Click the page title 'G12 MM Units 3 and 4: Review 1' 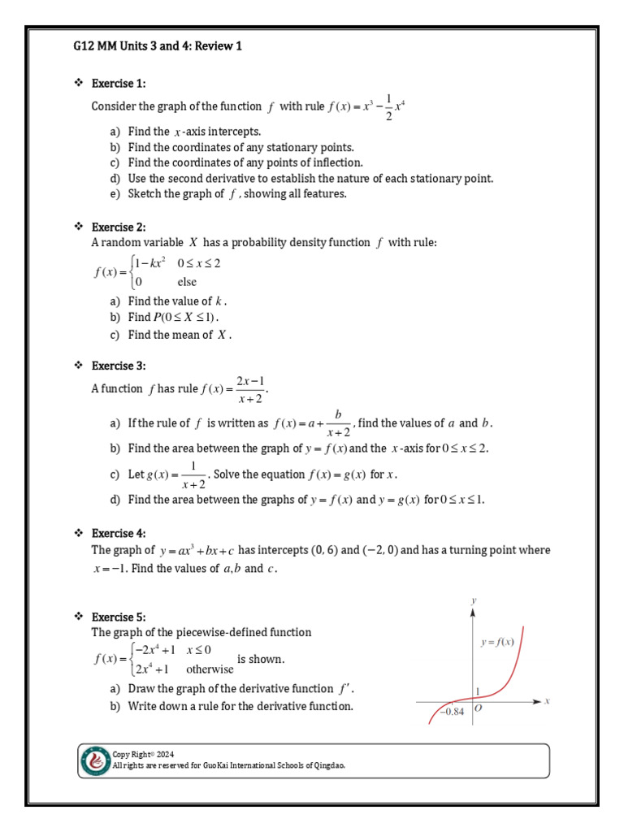point(158,46)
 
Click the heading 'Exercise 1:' point(119,84)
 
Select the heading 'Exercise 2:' point(119,227)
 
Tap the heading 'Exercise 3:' point(119,366)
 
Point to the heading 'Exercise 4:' point(119,533)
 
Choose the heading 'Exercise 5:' point(119,617)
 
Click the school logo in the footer point(95,761)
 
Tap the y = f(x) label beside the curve point(497,642)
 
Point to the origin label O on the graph point(478,708)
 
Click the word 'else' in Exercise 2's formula point(187,282)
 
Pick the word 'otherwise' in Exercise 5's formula point(210,669)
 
